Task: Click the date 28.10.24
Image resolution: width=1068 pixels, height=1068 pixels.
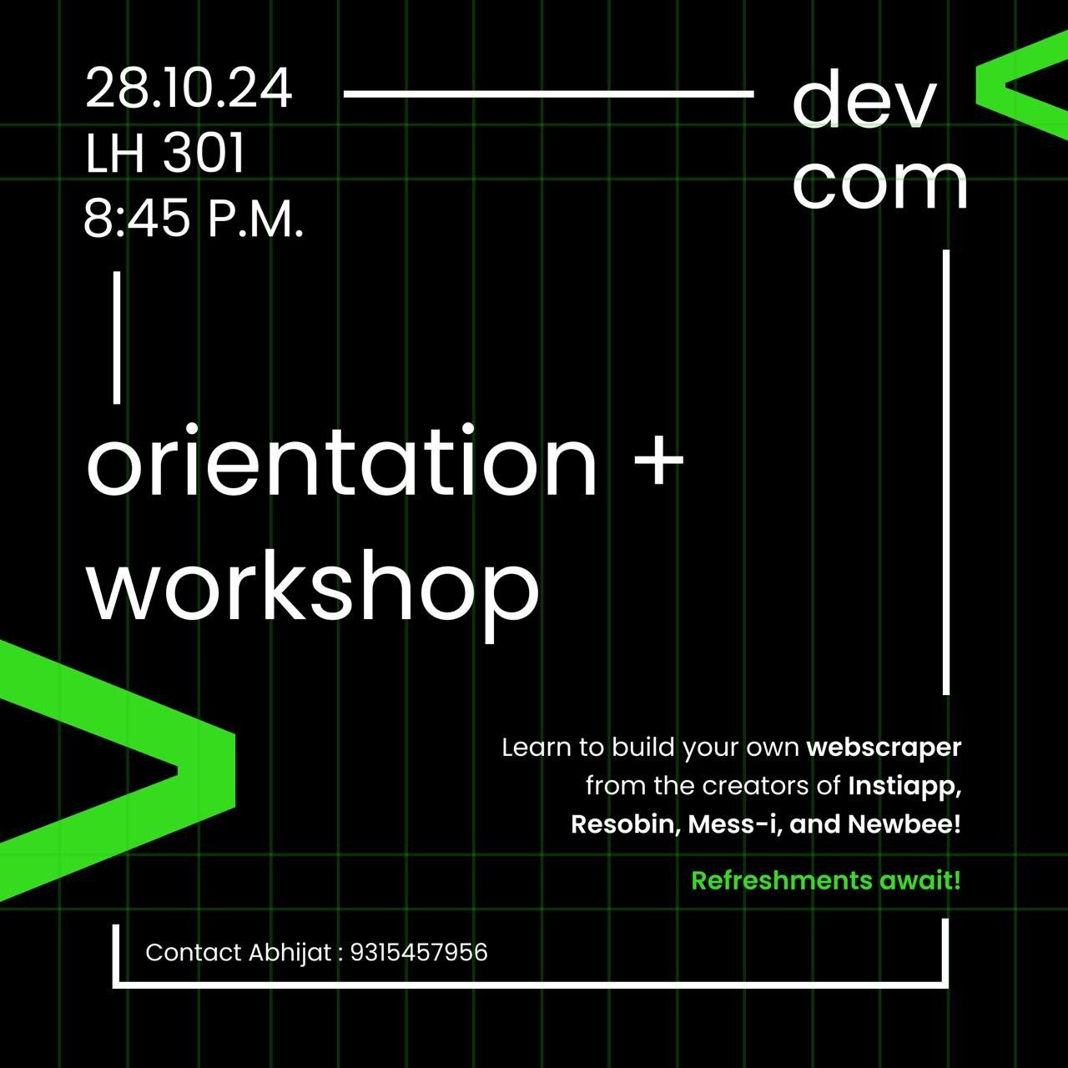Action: click(189, 88)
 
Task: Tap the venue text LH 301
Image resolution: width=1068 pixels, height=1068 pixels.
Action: click(164, 153)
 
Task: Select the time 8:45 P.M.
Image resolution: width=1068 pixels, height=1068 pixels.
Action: click(194, 218)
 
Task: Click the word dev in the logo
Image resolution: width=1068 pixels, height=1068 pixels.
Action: click(864, 100)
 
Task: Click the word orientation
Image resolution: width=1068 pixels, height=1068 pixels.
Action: click(341, 461)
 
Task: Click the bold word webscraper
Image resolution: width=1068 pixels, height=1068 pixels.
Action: click(884, 748)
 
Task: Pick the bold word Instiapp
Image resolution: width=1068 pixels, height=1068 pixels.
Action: click(904, 787)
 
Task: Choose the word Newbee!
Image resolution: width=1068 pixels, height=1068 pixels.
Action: click(904, 824)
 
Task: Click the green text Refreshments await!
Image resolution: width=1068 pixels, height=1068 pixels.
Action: click(826, 880)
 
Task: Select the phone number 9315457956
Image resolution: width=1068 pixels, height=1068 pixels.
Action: click(419, 953)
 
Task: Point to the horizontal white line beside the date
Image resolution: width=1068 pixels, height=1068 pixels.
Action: click(549, 94)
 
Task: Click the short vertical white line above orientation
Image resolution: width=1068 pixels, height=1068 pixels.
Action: click(117, 338)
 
